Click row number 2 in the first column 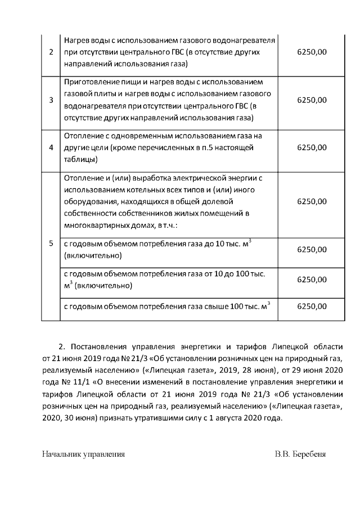click(51, 52)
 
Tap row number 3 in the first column click(51, 100)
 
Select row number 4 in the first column click(51, 148)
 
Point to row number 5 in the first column click(51, 244)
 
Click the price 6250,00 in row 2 click(311, 52)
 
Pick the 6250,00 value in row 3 click(311, 100)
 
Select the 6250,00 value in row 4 click(311, 148)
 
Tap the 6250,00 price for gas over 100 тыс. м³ click(311, 307)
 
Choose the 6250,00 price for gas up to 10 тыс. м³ click(311, 249)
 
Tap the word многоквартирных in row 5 click(96, 226)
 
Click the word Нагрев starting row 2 click(77, 41)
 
